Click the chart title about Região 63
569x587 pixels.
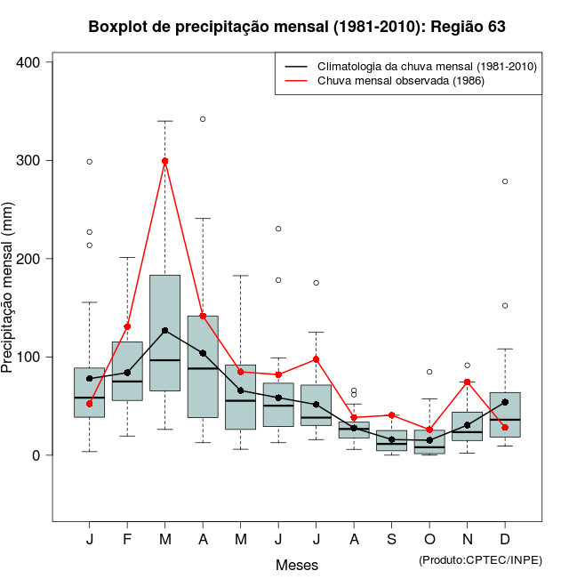[x=297, y=27]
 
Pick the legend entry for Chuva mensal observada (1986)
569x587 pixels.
[x=396, y=81]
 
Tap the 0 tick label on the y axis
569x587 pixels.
[x=36, y=455]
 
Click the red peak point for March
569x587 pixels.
[x=165, y=161]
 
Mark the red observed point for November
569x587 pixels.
[x=467, y=382]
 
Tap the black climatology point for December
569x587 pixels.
[x=505, y=402]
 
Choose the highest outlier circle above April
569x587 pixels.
[x=203, y=118]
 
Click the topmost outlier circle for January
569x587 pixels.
[x=90, y=162]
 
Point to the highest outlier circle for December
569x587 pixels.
[x=505, y=181]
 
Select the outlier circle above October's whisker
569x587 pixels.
[x=429, y=372]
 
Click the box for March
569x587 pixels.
[x=165, y=333]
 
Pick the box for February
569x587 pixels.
[x=127, y=371]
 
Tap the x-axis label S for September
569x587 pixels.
[x=391, y=540]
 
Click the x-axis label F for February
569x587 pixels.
[x=127, y=540]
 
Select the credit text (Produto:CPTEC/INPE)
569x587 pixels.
[x=480, y=559]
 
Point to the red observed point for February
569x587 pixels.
[x=127, y=326]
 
